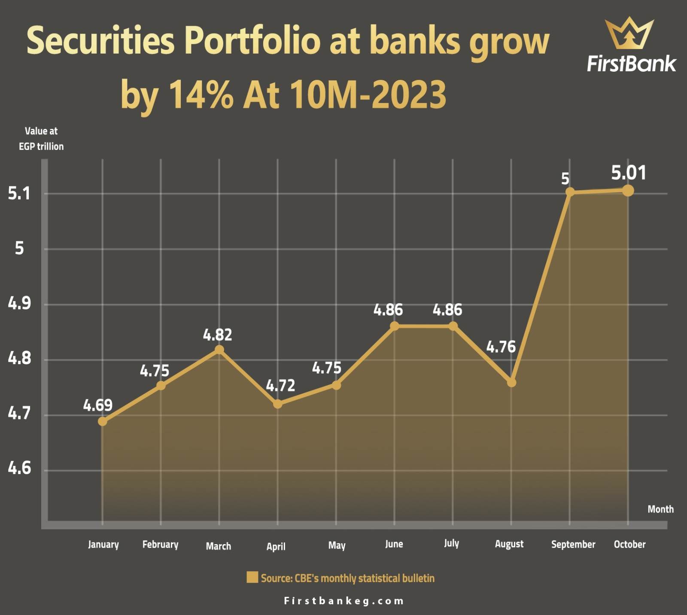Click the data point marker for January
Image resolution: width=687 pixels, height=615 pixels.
tap(103, 421)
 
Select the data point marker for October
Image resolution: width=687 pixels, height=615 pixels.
tap(628, 190)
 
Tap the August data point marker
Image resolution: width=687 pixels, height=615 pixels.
tap(511, 382)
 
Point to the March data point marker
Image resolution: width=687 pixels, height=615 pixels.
tap(219, 350)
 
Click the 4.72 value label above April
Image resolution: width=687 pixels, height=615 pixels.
tap(280, 386)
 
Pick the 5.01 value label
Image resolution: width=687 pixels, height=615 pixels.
tap(629, 173)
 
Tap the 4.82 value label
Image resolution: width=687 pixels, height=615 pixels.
tap(217, 335)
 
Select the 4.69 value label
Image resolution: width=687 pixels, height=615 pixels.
tap(98, 405)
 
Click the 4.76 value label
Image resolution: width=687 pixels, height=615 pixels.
tap(501, 347)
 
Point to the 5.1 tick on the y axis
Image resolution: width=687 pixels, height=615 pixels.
tap(19, 194)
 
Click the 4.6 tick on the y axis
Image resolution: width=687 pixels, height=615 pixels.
tap(19, 468)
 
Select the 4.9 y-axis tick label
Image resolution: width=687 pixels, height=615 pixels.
tap(19, 304)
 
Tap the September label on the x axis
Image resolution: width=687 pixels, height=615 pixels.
tap(573, 545)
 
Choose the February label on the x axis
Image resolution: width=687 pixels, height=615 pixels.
tap(160, 545)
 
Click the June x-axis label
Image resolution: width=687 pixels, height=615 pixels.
tap(394, 544)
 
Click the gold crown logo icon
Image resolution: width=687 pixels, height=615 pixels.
tap(629, 33)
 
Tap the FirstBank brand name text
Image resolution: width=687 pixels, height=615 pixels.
tap(631, 64)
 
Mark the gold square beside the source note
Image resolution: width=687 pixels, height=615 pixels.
tap(252, 577)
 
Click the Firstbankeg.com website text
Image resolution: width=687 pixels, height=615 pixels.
tap(344, 601)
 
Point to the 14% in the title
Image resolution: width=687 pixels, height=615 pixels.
tap(201, 94)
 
